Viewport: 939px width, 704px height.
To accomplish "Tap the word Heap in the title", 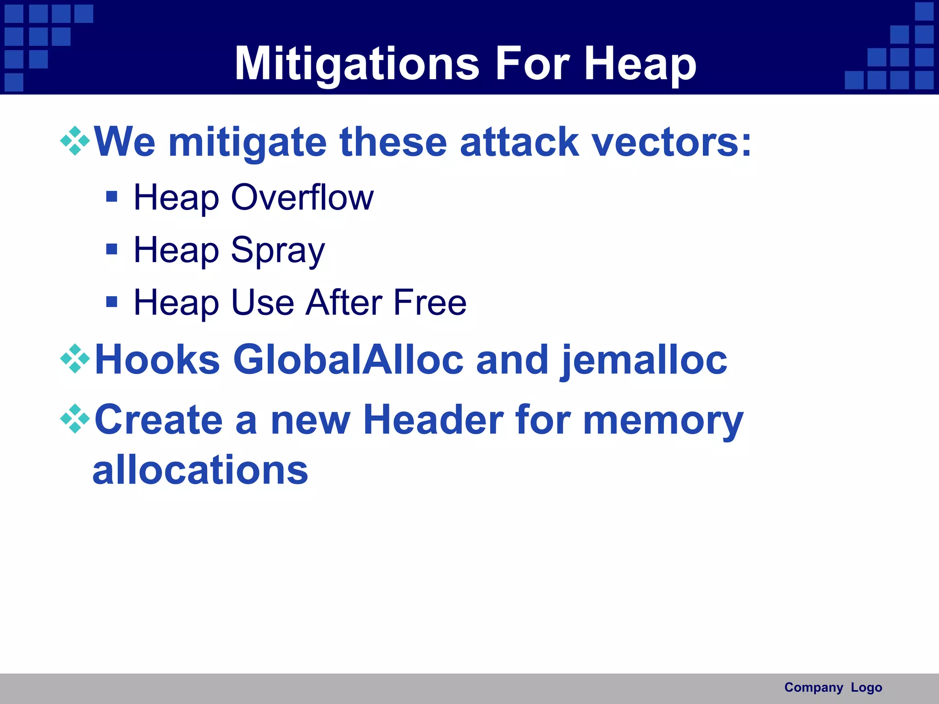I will pos(640,64).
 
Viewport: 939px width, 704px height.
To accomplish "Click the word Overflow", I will pos(302,198).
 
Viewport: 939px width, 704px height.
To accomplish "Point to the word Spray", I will pos(278,250).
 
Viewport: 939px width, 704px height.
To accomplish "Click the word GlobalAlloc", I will pos(348,360).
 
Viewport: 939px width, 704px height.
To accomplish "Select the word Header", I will pos(433,420).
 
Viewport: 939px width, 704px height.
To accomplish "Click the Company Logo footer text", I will pos(833,687).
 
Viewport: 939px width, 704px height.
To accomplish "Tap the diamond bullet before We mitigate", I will pos(75,141).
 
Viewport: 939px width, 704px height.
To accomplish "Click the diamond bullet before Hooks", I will pos(75,358).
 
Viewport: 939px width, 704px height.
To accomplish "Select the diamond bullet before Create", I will pos(75,418).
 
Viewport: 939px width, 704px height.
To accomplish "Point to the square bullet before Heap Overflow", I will pos(111,197).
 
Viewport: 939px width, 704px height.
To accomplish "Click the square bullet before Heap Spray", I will pos(111,249).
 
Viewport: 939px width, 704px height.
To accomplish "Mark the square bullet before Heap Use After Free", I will pos(111,302).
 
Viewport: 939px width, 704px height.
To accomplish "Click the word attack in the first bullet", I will pos(519,142).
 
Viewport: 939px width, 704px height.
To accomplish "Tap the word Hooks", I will pos(157,360).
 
